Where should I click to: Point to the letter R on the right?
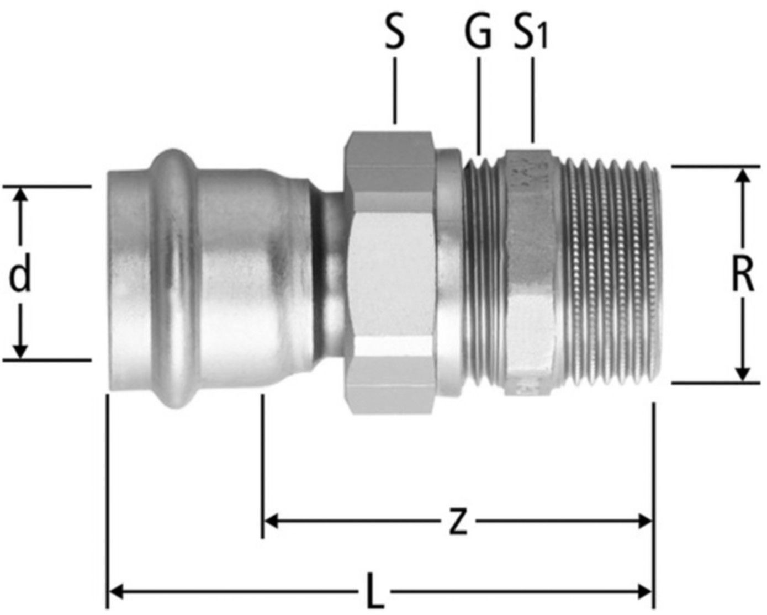click(x=743, y=274)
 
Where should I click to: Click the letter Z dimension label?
click(x=458, y=522)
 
